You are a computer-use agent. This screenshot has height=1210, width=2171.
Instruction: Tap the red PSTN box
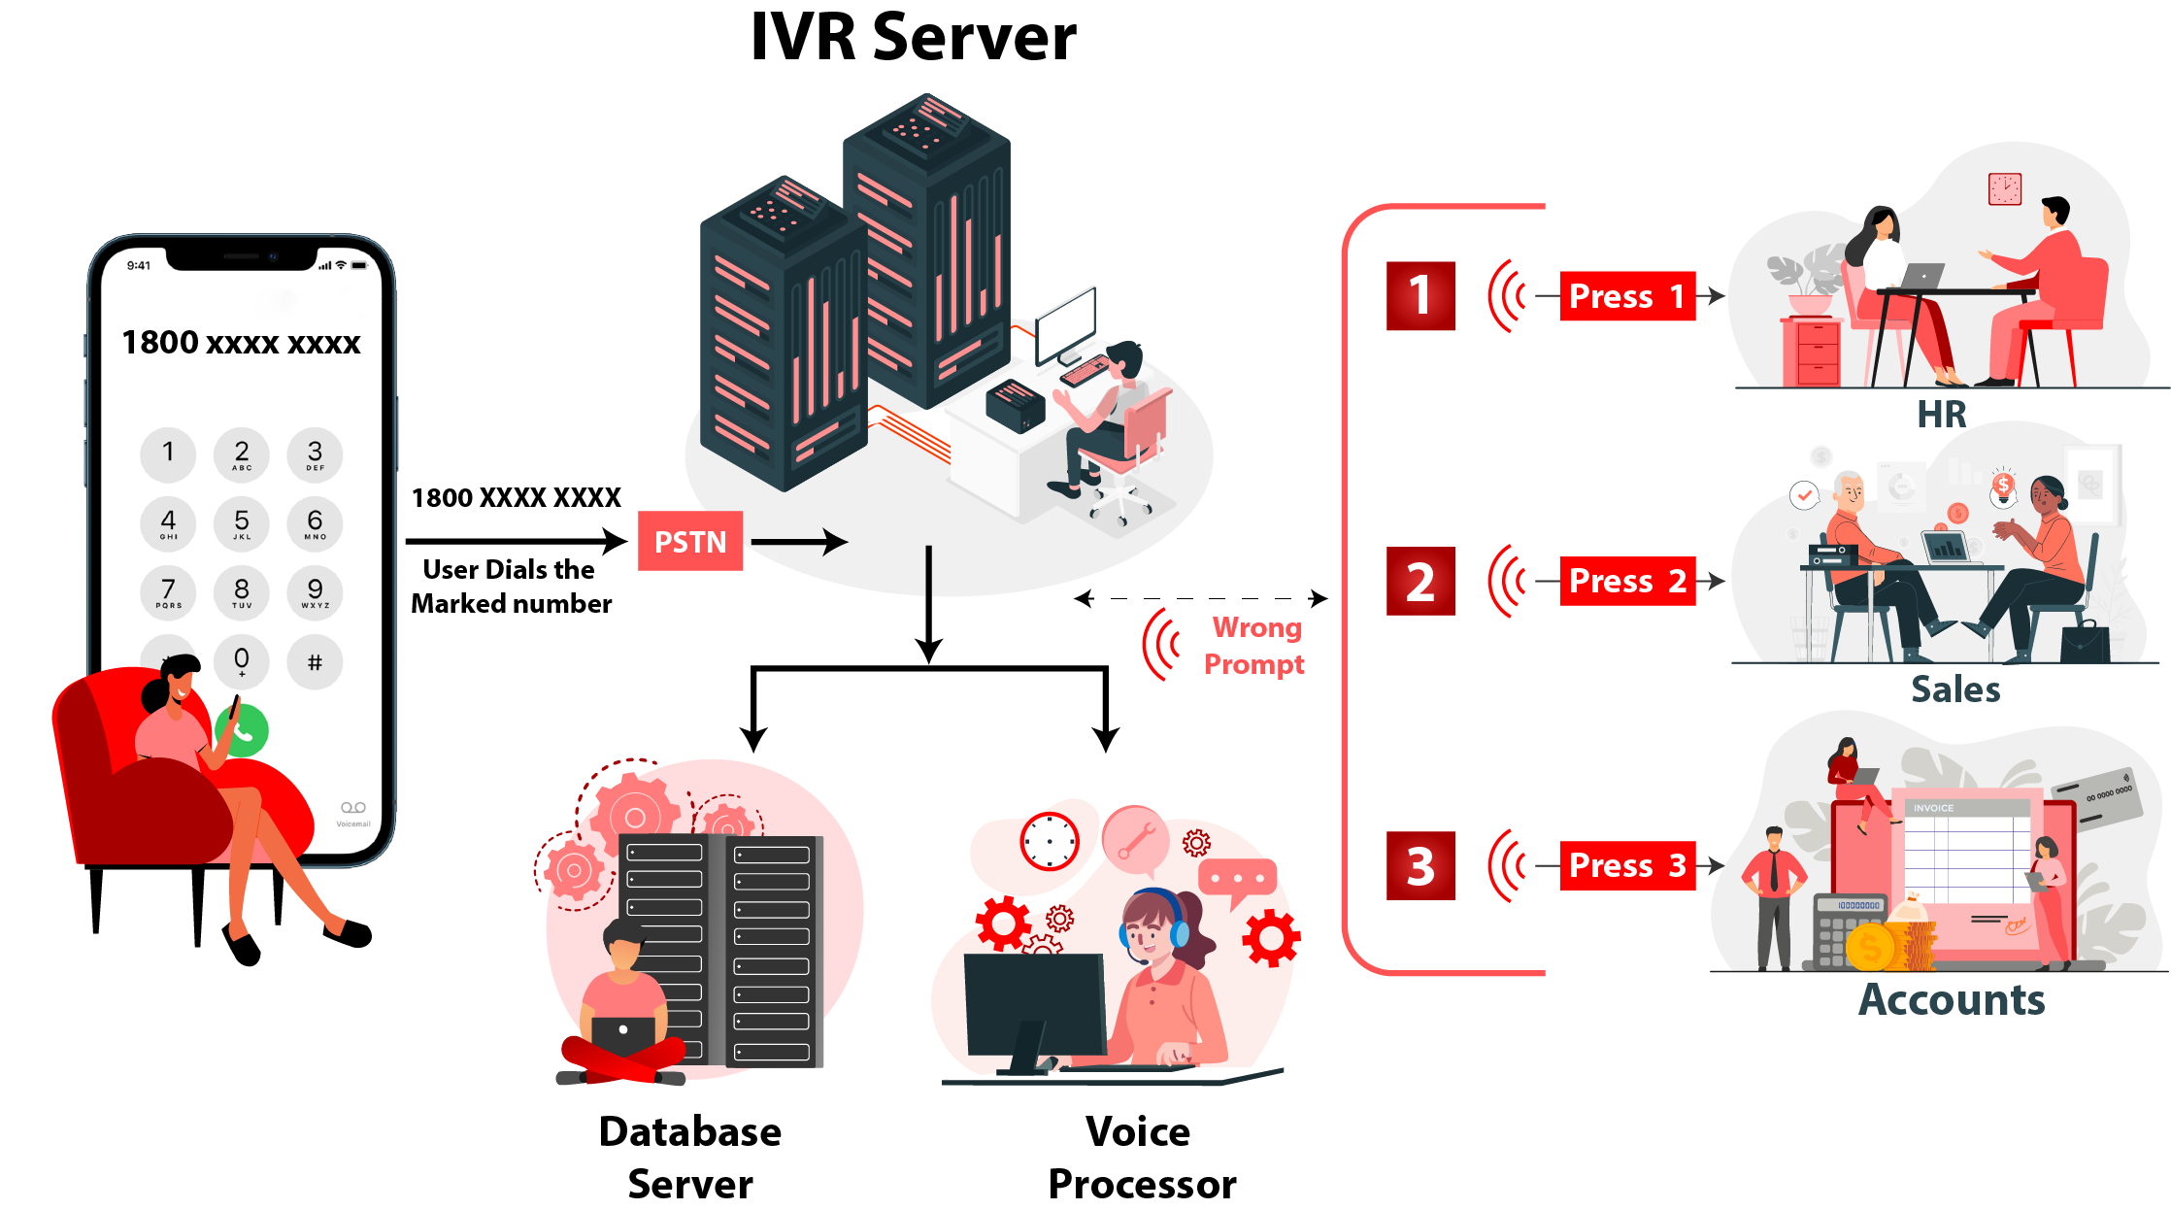click(690, 541)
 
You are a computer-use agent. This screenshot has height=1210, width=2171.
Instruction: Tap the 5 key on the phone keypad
click(242, 523)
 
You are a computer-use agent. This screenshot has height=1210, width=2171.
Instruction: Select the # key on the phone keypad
click(315, 662)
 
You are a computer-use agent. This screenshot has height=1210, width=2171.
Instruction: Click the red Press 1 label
click(1627, 296)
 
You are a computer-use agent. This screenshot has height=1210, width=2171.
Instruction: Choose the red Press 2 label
click(1627, 581)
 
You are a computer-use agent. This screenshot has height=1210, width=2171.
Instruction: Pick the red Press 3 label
click(1627, 865)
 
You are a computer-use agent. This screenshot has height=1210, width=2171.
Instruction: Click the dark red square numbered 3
click(1420, 865)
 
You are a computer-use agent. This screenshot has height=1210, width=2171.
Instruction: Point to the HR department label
click(1941, 415)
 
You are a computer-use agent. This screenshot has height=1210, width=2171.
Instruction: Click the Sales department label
click(1955, 689)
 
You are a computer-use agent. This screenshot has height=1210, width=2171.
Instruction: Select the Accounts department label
click(1952, 999)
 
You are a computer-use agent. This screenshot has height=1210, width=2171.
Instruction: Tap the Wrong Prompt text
click(1255, 646)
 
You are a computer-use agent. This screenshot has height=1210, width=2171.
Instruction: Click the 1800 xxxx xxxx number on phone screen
click(241, 343)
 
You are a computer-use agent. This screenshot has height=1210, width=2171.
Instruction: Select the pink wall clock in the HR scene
click(2004, 188)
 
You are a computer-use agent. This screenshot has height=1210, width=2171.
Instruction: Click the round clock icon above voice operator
click(1050, 841)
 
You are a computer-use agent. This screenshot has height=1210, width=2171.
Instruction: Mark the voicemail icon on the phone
click(353, 808)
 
